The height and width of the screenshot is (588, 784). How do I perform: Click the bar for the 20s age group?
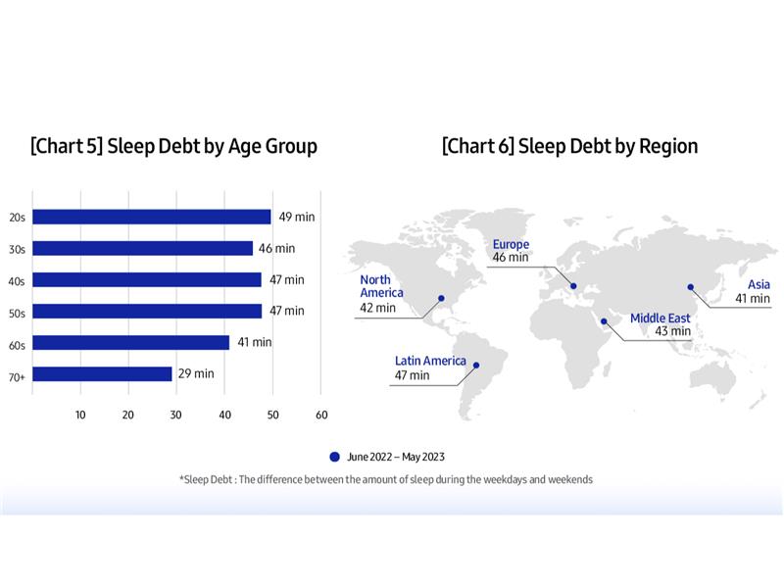coord(152,217)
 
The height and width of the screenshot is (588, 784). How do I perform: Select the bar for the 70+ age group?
coord(102,373)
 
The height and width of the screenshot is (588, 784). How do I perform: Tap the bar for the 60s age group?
coord(131,342)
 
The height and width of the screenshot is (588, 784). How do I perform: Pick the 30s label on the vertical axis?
coord(17,249)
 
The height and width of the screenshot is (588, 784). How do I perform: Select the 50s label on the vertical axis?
coord(17,312)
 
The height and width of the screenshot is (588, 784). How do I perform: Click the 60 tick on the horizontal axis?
coord(321,415)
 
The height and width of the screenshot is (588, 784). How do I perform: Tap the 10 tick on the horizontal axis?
coord(80,415)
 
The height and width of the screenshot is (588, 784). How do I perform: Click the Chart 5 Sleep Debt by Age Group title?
coord(173,147)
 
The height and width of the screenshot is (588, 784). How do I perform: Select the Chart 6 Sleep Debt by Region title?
coord(569,147)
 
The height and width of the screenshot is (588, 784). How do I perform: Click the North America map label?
coord(381,286)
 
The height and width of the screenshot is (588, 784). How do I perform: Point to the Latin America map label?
coord(430,361)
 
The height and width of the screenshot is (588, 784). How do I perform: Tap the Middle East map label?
coord(660,318)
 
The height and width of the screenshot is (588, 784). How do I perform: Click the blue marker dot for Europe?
coord(574,287)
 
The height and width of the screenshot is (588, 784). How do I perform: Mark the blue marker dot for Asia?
coord(690,287)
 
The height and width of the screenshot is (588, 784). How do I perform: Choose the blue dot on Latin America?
coord(476,366)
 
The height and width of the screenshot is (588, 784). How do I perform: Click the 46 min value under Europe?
coord(510,258)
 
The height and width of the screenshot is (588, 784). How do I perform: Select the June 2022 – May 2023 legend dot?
coord(334,457)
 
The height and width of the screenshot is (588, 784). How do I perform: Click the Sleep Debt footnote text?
coord(385,479)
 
